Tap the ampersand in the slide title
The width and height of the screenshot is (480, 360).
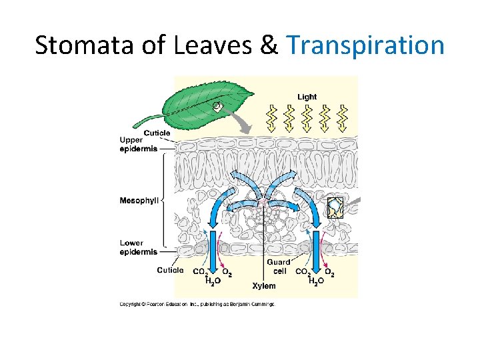click(268, 46)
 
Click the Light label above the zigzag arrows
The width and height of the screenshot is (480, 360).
click(307, 97)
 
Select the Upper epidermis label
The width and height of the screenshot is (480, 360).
click(139, 145)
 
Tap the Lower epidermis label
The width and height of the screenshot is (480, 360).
click(139, 247)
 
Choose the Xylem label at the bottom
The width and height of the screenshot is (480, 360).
click(263, 286)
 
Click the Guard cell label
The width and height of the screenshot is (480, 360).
click(278, 267)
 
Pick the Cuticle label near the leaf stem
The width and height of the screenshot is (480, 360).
click(157, 133)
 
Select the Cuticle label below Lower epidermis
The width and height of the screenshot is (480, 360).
click(170, 270)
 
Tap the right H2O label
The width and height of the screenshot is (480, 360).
click(317, 281)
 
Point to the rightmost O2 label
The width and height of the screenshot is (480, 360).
click(329, 272)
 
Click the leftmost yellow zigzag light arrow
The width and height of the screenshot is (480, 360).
click(272, 118)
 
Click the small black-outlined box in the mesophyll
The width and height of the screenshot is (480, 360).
click(335, 207)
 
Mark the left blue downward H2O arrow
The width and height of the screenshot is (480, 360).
click(213, 253)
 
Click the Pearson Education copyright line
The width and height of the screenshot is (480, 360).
click(197, 305)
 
